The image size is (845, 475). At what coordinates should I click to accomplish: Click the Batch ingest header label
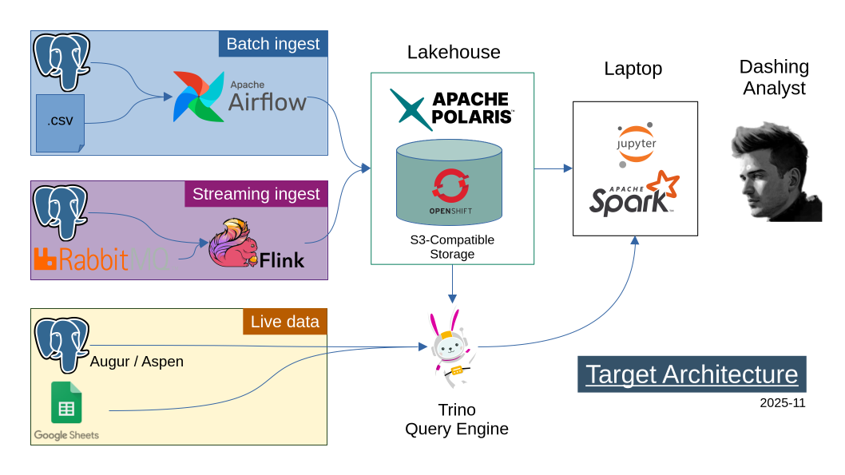coord(273,44)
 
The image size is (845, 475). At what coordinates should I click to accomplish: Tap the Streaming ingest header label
coord(256,194)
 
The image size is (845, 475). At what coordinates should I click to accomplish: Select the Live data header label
coord(284,322)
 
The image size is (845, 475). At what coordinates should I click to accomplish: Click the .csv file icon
coord(59,122)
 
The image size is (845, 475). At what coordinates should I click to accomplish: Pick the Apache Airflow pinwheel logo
coord(199,97)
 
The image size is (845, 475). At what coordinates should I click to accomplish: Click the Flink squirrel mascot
coord(232,243)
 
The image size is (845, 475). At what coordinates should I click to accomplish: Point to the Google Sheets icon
coord(66,403)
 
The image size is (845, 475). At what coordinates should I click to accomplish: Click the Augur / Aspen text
coord(137,362)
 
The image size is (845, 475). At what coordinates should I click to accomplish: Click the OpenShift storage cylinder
coord(449,182)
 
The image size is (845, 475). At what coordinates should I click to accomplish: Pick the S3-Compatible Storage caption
coord(452,247)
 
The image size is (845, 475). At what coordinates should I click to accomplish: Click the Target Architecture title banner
coord(692,374)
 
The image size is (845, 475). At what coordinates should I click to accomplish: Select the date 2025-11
coord(782,402)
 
